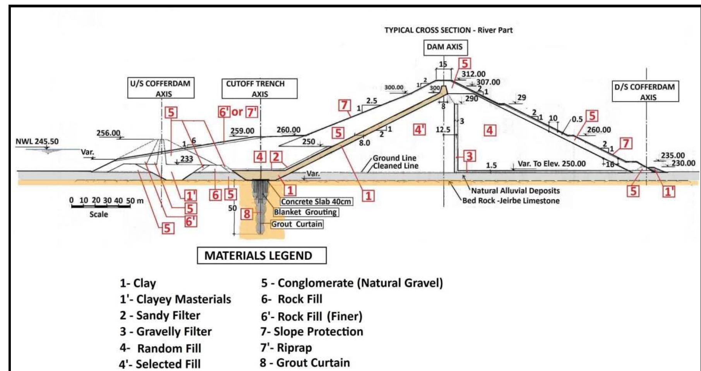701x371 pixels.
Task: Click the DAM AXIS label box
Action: pyautogui.click(x=444, y=47)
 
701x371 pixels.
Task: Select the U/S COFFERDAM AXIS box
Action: pyautogui.click(x=161, y=88)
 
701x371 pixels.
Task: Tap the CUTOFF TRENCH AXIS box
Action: pyautogui.click(x=259, y=89)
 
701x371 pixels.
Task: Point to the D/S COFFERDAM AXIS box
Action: pyautogui.click(x=645, y=92)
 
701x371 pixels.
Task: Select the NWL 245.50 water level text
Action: pyautogui.click(x=37, y=142)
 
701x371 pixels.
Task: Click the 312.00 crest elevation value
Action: pyautogui.click(x=473, y=74)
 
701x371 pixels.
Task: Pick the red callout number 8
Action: pyautogui.click(x=247, y=213)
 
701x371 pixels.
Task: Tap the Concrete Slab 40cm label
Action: pyautogui.click(x=316, y=201)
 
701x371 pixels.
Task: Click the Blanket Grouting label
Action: pyautogui.click(x=305, y=212)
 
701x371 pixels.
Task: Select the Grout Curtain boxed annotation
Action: pyautogui.click(x=297, y=224)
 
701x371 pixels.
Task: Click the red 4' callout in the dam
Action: pyautogui.click(x=419, y=129)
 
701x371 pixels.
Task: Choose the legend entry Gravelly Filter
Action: pyautogui.click(x=166, y=332)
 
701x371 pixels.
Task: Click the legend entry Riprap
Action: pyautogui.click(x=286, y=348)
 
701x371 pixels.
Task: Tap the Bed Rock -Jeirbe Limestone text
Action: pyautogui.click(x=511, y=201)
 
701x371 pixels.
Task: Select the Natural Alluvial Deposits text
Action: pyautogui.click(x=515, y=191)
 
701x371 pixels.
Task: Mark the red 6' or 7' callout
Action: pyautogui.click(x=238, y=112)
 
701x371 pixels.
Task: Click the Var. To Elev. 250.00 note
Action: pyautogui.click(x=551, y=164)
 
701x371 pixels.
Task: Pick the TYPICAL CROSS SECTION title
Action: pyautogui.click(x=448, y=30)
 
